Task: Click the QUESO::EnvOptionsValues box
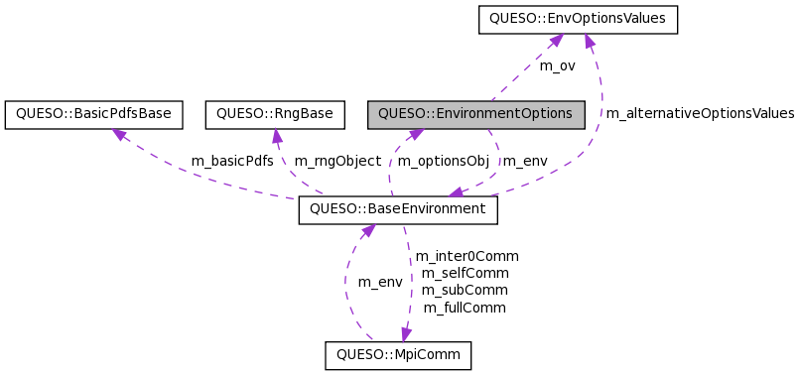(578, 19)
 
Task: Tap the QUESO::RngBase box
(274, 114)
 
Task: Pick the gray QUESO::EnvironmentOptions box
(475, 114)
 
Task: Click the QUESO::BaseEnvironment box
(397, 209)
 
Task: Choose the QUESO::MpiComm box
(398, 355)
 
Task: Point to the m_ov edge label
(557, 65)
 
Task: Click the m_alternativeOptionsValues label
(699, 114)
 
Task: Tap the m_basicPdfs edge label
(232, 161)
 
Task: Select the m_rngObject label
(337, 161)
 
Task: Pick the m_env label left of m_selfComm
(380, 282)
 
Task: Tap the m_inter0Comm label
(467, 256)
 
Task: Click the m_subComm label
(465, 291)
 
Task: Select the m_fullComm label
(465, 308)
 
